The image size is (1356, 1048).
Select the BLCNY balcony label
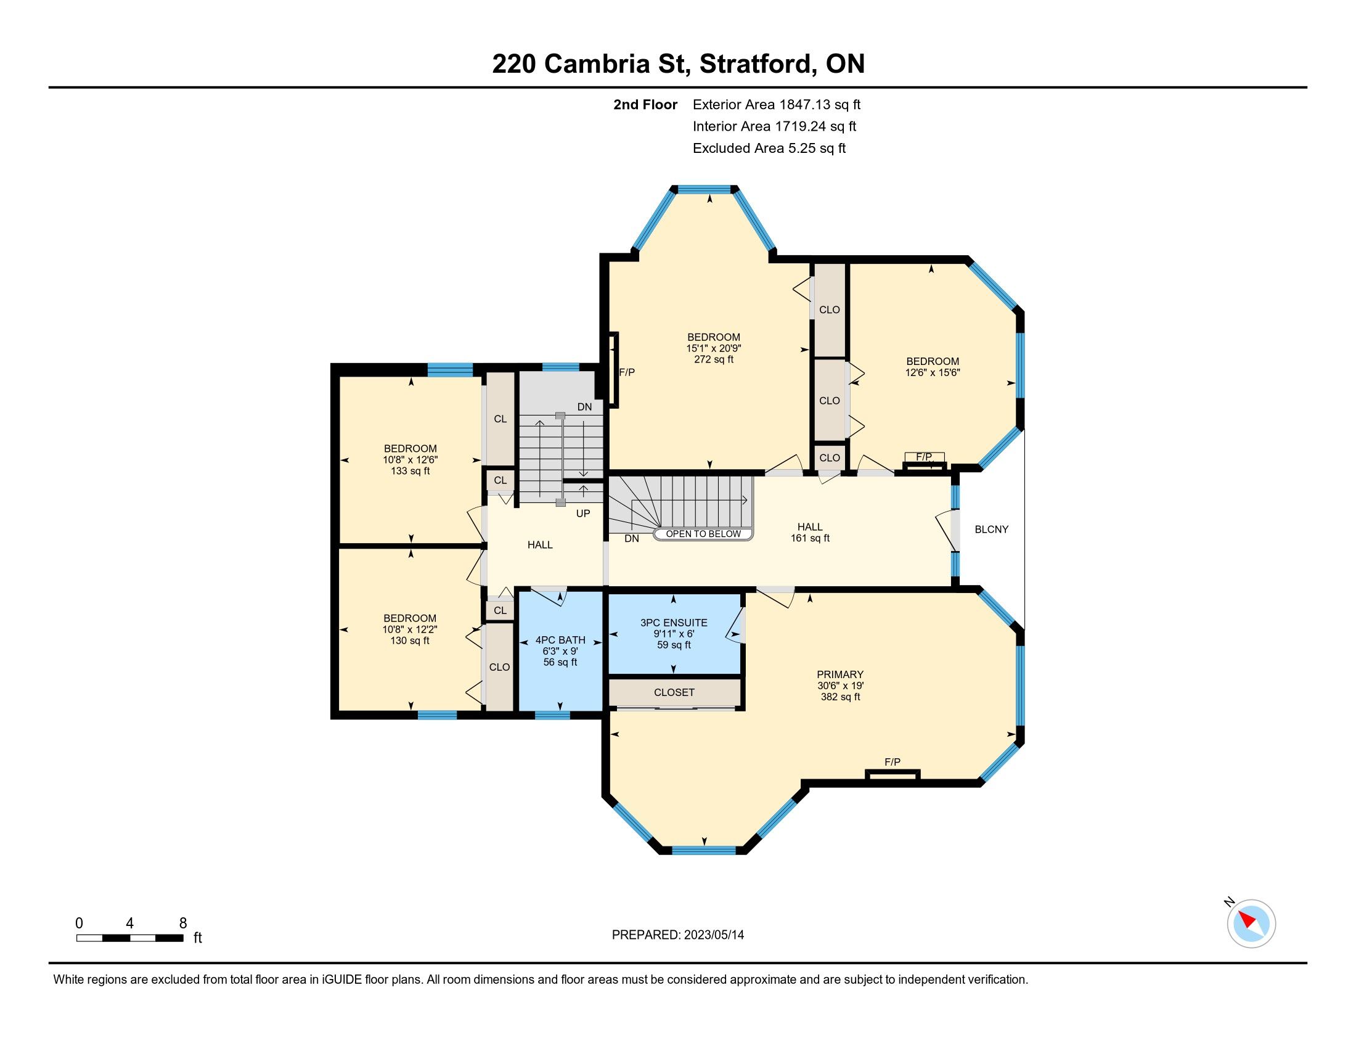(992, 530)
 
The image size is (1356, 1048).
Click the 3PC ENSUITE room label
(674, 623)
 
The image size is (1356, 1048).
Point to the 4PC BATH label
(560, 640)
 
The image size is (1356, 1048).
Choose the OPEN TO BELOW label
(703, 534)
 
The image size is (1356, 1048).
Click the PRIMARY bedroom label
(840, 674)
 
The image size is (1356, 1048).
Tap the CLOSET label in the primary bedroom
(674, 692)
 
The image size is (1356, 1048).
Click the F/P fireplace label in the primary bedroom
(892, 762)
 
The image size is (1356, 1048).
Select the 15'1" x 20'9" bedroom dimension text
(713, 348)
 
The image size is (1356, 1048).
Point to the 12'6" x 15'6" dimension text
(933, 372)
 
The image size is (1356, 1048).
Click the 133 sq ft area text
(410, 470)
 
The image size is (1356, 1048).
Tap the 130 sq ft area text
(410, 640)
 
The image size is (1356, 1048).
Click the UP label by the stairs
(583, 514)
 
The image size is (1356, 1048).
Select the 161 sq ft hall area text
(811, 538)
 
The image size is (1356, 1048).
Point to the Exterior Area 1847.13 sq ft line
(777, 104)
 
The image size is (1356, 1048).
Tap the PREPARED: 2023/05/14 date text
(678, 935)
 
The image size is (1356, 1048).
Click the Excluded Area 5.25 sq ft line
(769, 148)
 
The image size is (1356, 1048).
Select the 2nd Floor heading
(645, 104)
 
